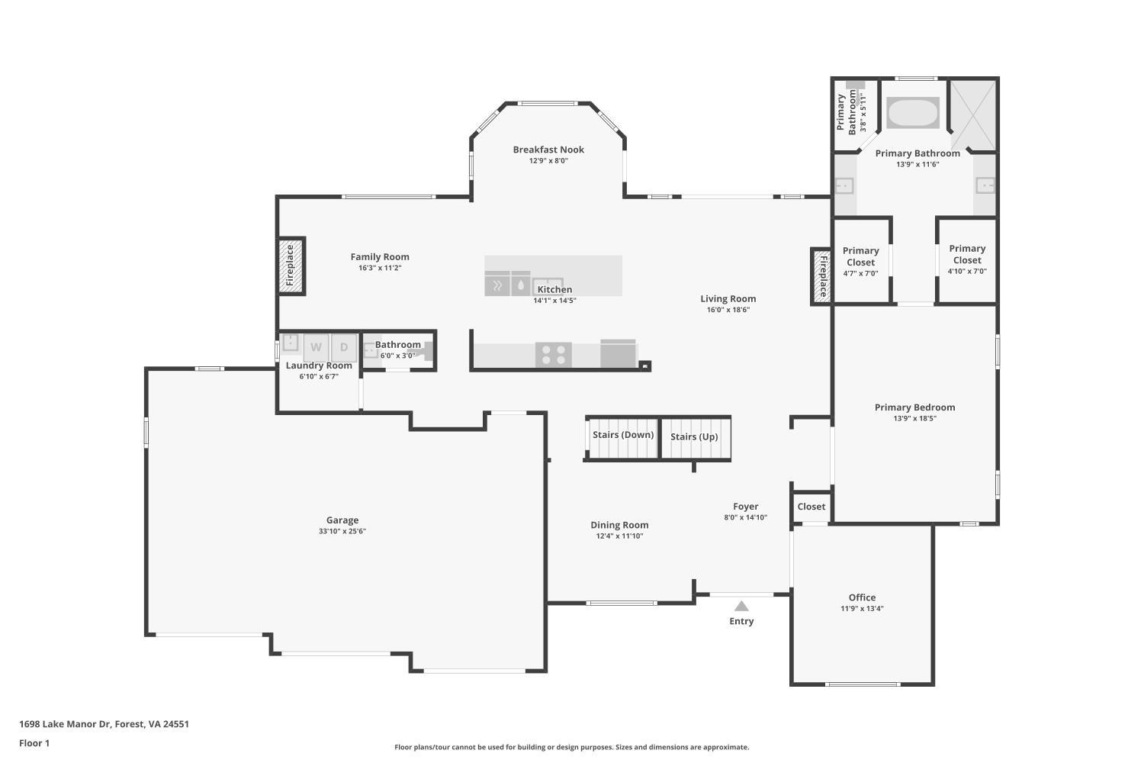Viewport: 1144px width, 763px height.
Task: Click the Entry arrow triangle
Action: coord(741,607)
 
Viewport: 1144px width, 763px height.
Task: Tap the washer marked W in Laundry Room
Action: coord(316,347)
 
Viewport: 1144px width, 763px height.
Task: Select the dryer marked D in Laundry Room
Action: coord(344,347)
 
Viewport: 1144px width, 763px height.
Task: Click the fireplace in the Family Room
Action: coord(291,266)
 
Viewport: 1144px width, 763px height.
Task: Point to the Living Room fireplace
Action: coord(822,277)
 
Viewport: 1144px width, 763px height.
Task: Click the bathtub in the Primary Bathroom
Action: coord(913,113)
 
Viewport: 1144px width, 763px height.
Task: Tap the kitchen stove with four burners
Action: coord(554,355)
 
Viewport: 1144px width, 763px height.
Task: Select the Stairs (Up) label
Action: coord(694,436)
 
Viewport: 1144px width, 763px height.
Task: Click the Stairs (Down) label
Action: coord(623,435)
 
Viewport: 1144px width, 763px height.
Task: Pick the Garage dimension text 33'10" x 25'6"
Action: coord(342,531)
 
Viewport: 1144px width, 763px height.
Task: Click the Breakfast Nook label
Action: coord(548,150)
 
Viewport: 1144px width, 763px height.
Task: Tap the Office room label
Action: coord(862,597)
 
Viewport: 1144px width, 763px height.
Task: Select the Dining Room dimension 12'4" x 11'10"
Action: coord(619,536)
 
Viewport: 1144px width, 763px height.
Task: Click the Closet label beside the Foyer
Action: coord(811,507)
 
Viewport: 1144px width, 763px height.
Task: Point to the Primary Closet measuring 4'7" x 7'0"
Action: coord(860,262)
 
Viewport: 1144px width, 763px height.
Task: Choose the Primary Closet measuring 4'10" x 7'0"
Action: coord(967,259)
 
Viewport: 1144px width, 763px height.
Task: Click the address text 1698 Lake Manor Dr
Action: coord(104,724)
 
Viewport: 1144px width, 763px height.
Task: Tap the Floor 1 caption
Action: coord(34,743)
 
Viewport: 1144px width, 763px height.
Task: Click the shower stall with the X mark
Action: coord(973,115)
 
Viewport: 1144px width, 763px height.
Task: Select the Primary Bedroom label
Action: coord(914,407)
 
